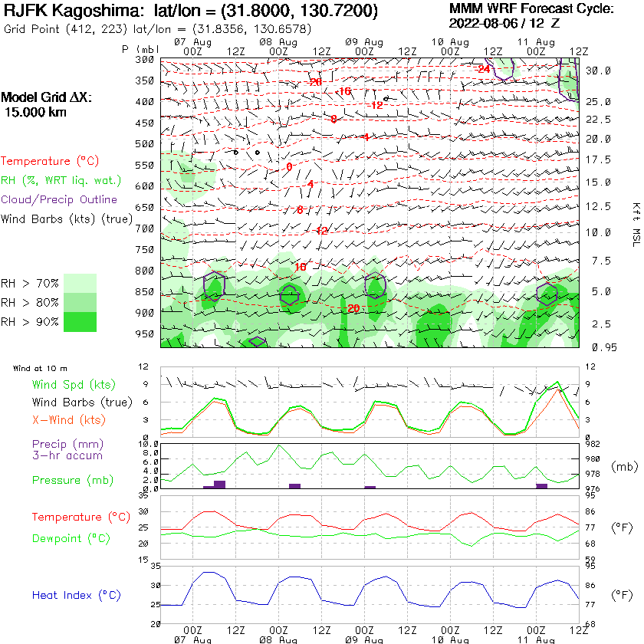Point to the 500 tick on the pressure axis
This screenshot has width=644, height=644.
pos(146,144)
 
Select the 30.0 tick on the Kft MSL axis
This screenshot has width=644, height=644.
pos(598,71)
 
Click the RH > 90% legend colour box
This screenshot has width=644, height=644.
pos(80,322)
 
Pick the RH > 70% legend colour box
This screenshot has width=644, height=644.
pos(80,283)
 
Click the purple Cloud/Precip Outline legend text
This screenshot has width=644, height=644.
pos(59,199)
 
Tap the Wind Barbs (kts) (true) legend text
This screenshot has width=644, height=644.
pos(67,219)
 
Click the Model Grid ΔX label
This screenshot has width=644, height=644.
pos(46,98)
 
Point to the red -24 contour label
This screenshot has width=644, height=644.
pos(483,69)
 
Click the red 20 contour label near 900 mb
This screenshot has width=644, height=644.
pos(353,308)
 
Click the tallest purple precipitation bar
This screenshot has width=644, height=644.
pos(220,484)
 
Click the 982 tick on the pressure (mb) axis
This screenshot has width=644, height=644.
pos(592,443)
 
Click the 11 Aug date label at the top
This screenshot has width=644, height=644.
pos(536,41)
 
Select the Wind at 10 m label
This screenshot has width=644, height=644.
pos(40,369)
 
